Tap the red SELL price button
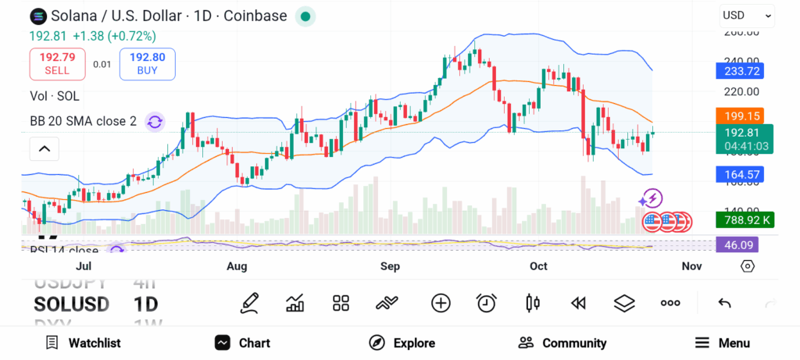coord(57,63)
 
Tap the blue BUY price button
coord(147,63)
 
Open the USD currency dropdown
coord(747,15)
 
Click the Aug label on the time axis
coord(237,266)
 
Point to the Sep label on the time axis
coord(390,266)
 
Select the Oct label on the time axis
coord(538,266)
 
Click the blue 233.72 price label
coord(738,71)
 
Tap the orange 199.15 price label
coord(738,116)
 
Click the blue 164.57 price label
coord(738,174)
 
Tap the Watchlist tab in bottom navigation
coord(83,343)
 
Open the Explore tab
coord(402,343)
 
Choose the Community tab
coord(562,343)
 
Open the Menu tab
coord(723,343)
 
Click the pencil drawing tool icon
coord(249,303)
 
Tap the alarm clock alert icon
coord(487,303)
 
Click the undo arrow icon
coord(724,303)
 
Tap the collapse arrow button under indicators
coord(45,148)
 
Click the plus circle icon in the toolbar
coord(441,303)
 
